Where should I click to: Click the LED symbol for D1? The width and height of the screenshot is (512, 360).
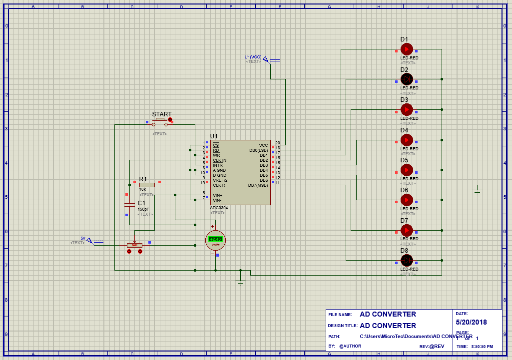407,49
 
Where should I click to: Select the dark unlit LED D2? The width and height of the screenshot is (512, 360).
407,79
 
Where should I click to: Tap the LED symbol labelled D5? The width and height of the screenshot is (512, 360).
407,170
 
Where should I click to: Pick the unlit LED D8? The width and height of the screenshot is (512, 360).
407,260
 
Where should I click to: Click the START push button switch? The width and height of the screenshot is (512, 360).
160,122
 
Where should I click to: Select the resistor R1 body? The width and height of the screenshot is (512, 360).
147,185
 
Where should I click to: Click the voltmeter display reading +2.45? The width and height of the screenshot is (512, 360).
215,239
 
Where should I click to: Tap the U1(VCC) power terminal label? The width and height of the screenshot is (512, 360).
253,57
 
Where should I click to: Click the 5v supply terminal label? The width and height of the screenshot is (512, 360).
83,238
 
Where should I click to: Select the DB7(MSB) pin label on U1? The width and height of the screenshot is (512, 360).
258,185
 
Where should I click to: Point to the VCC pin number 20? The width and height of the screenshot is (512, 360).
277,143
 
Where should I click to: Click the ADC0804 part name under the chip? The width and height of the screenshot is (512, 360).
219,207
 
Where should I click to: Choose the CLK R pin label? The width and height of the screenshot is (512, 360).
219,185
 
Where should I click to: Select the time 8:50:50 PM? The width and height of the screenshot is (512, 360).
482,347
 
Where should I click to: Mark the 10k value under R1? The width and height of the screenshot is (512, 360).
143,190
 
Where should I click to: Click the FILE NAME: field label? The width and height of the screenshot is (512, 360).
340,315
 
